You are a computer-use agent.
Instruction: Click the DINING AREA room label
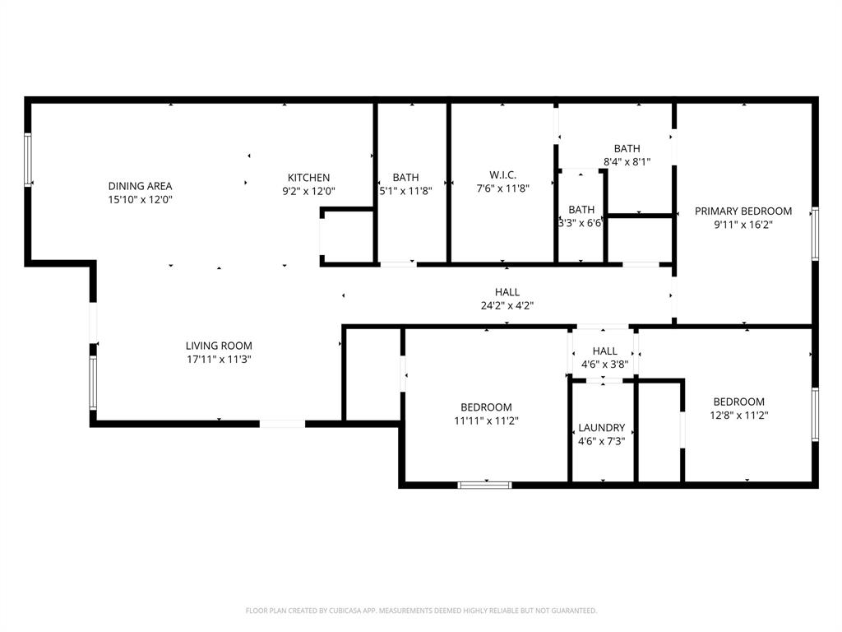point(140,186)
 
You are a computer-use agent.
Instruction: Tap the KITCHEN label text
point(308,178)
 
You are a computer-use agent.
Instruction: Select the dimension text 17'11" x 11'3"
point(219,359)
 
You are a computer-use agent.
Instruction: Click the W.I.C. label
point(502,175)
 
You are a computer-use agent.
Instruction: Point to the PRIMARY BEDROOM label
point(743,211)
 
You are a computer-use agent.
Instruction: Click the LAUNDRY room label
point(601,428)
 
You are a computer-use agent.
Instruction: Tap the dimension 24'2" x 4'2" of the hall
point(507,305)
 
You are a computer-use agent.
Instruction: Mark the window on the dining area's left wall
point(27,160)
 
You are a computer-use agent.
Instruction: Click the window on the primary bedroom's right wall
point(815,235)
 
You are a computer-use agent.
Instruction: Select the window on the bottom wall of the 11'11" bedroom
point(484,485)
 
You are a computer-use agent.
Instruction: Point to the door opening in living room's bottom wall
point(282,424)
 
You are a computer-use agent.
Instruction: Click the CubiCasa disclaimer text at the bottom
point(421,611)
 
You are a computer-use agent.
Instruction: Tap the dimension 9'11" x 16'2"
point(743,224)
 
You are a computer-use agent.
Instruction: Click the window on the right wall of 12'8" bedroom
point(815,414)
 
